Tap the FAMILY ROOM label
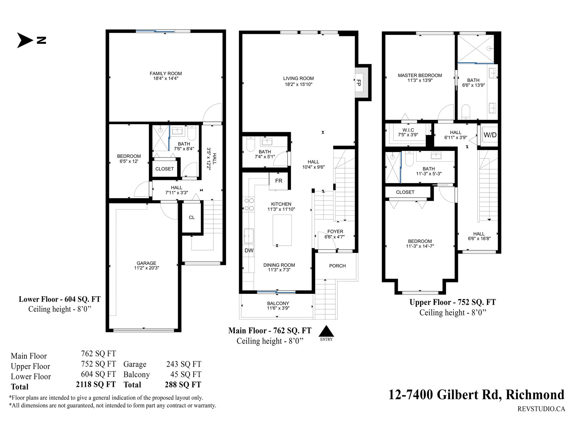pos(166,74)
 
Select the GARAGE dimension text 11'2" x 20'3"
pos(146,268)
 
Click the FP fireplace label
pos(359,83)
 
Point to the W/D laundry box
pos(490,135)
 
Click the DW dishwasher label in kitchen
pos(249,250)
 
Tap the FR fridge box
pos(279,181)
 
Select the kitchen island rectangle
pos(282,230)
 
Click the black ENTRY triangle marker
pos(326,331)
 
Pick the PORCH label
pos(337,266)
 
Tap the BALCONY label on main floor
pos(278,303)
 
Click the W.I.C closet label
pos(408,130)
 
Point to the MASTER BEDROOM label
pos(420,75)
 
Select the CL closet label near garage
pos(192,217)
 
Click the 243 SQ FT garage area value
pos(184,364)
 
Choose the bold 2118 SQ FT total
pos(96,384)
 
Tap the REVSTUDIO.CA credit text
pos(541,409)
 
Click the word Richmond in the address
pos(535,394)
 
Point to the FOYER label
pos(335,232)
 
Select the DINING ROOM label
pos(279,265)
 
